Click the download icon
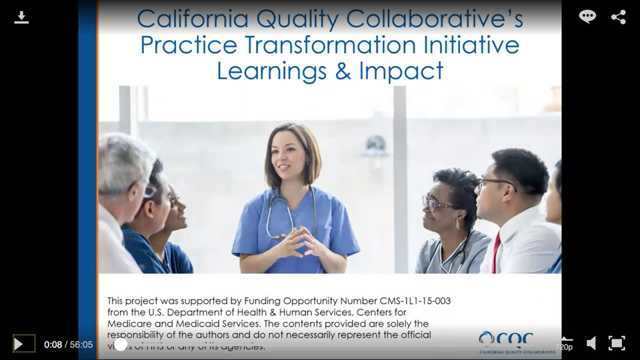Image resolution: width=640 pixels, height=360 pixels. pyautogui.click(x=21, y=17)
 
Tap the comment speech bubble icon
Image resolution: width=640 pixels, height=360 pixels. pyautogui.click(x=587, y=17)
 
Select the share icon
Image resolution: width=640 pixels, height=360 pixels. pyautogui.click(x=618, y=17)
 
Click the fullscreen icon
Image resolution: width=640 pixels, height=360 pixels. pyautogui.click(x=617, y=343)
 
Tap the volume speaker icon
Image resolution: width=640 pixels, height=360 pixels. pyautogui.click(x=591, y=343)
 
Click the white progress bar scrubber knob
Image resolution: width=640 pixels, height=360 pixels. pyautogui.click(x=121, y=344)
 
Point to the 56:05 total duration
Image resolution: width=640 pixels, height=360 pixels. pyautogui.click(x=81, y=345)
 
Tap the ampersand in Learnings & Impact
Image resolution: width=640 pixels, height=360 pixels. pyautogui.click(x=343, y=70)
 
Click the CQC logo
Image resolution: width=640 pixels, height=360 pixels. pyautogui.click(x=517, y=342)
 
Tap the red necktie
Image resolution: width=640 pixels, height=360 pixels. pyautogui.click(x=495, y=253)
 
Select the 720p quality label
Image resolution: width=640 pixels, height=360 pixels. pyautogui.click(x=563, y=347)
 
